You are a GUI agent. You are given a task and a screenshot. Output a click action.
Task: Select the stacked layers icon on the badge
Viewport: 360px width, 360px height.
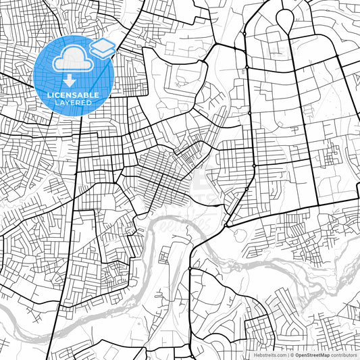[103, 48]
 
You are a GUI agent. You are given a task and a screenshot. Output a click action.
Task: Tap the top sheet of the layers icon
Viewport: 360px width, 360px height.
[103, 45]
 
